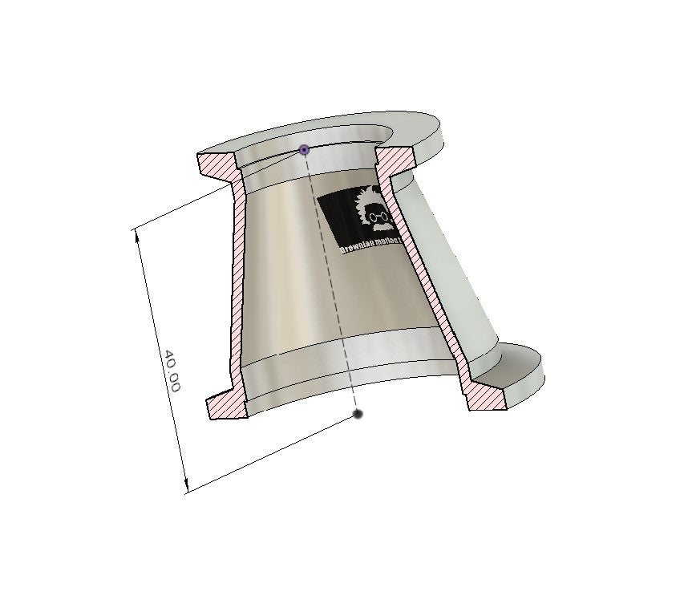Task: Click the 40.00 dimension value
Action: click(x=172, y=371)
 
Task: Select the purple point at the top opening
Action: click(x=304, y=150)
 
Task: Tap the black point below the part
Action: click(x=358, y=414)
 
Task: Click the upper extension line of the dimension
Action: click(x=180, y=210)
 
